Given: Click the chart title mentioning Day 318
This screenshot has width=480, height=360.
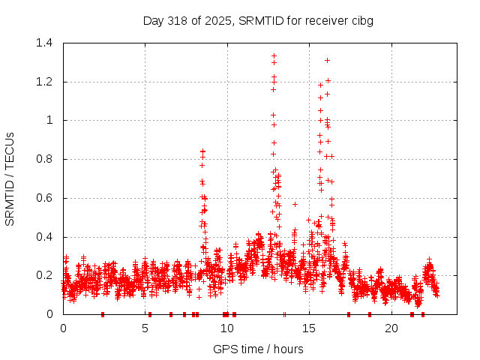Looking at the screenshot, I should click(258, 20).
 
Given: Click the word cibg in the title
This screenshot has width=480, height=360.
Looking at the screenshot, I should click(361, 20).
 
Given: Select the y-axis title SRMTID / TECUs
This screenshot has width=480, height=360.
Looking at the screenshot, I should click(10, 178).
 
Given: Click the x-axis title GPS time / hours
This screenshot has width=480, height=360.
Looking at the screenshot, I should click(258, 349).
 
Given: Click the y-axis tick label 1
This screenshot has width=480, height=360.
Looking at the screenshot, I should click(50, 120).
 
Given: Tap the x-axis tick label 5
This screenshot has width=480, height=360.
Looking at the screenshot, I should click(145, 328).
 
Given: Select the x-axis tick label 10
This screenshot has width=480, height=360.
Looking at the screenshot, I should click(226, 328).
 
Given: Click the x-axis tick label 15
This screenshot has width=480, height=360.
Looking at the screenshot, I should click(308, 328).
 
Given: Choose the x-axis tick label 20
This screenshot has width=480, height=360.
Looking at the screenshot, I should click(391, 328).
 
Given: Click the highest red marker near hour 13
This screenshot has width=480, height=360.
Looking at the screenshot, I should click(274, 55).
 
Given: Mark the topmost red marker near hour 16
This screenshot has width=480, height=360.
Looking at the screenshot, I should click(327, 60).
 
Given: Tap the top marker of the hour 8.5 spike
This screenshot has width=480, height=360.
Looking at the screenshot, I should click(202, 151).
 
